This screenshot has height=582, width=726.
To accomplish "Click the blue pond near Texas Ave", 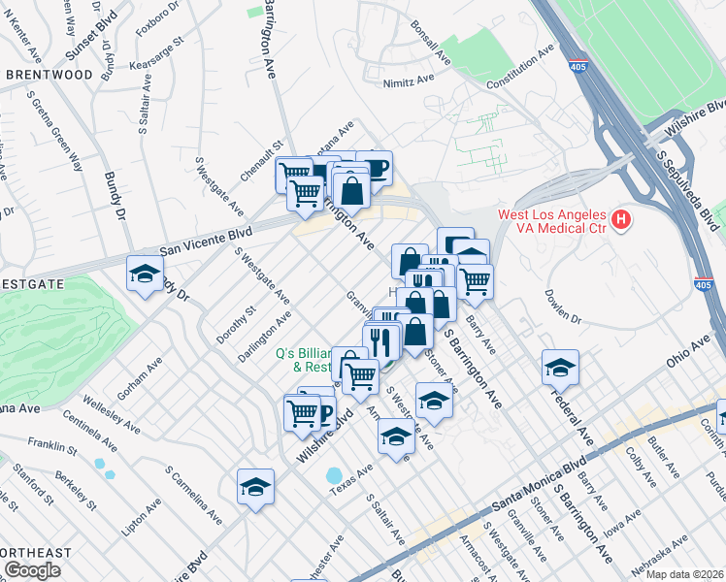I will coord(335,477).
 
